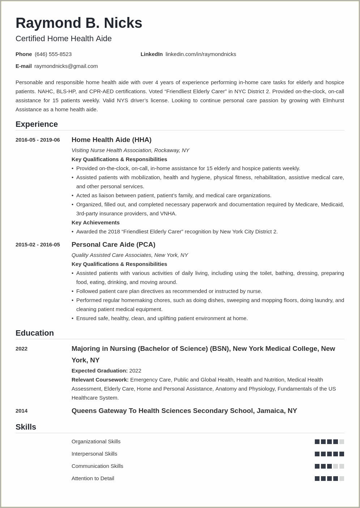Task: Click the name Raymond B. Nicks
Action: [x=79, y=23]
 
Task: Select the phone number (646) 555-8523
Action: [x=53, y=54]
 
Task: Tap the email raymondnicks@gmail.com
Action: [x=66, y=66]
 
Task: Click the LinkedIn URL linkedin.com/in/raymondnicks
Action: [x=201, y=54]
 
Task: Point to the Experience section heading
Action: [x=37, y=124]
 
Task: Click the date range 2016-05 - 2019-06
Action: [x=38, y=140]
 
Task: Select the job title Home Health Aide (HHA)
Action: [x=111, y=140]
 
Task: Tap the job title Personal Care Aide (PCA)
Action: [x=113, y=245]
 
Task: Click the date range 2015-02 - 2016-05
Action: [x=38, y=245]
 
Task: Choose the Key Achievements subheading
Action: [x=95, y=223]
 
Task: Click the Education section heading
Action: [x=35, y=333]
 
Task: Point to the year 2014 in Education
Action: [x=22, y=411]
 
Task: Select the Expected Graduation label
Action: [x=99, y=371]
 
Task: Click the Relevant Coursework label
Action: [x=100, y=380]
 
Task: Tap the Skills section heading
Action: [x=26, y=427]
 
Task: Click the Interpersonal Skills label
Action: [x=94, y=454]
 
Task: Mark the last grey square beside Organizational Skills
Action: [x=342, y=442]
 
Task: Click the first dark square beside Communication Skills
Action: [x=317, y=466]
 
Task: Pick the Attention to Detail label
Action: [x=93, y=478]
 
